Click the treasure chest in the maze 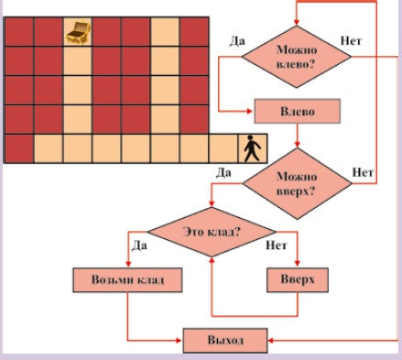point(78,32)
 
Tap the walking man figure point(253,148)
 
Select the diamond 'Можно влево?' point(297,57)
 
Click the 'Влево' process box point(298,111)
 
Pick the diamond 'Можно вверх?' point(297,183)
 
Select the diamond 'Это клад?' point(212,232)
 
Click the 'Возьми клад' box point(127,280)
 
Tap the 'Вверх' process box point(298,280)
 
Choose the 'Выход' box point(225,341)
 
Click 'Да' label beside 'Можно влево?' point(237,41)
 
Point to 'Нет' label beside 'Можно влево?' point(351,40)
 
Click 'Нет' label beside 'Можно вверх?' point(363,173)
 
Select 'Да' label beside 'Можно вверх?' point(223,173)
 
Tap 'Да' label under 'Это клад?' point(139,245)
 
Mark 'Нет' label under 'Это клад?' point(277,245)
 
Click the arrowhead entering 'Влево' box point(250,111)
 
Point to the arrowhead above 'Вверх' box point(298,264)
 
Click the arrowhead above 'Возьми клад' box point(128,264)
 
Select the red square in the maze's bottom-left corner point(18,148)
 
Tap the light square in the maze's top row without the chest point(165,32)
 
